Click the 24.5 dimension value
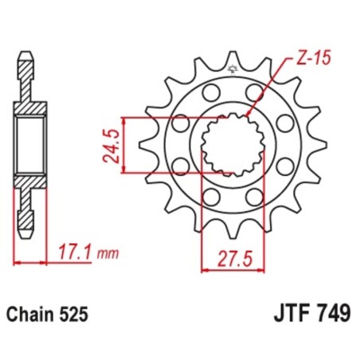[x=114, y=144]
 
